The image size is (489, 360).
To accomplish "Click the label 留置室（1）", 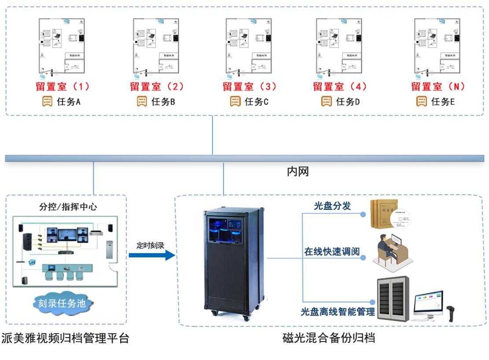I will (x=63, y=86).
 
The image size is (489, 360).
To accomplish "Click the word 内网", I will (x=298, y=172).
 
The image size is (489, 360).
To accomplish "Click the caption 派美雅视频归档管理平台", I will (x=65, y=338).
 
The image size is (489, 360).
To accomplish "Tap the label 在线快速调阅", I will (x=332, y=252).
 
